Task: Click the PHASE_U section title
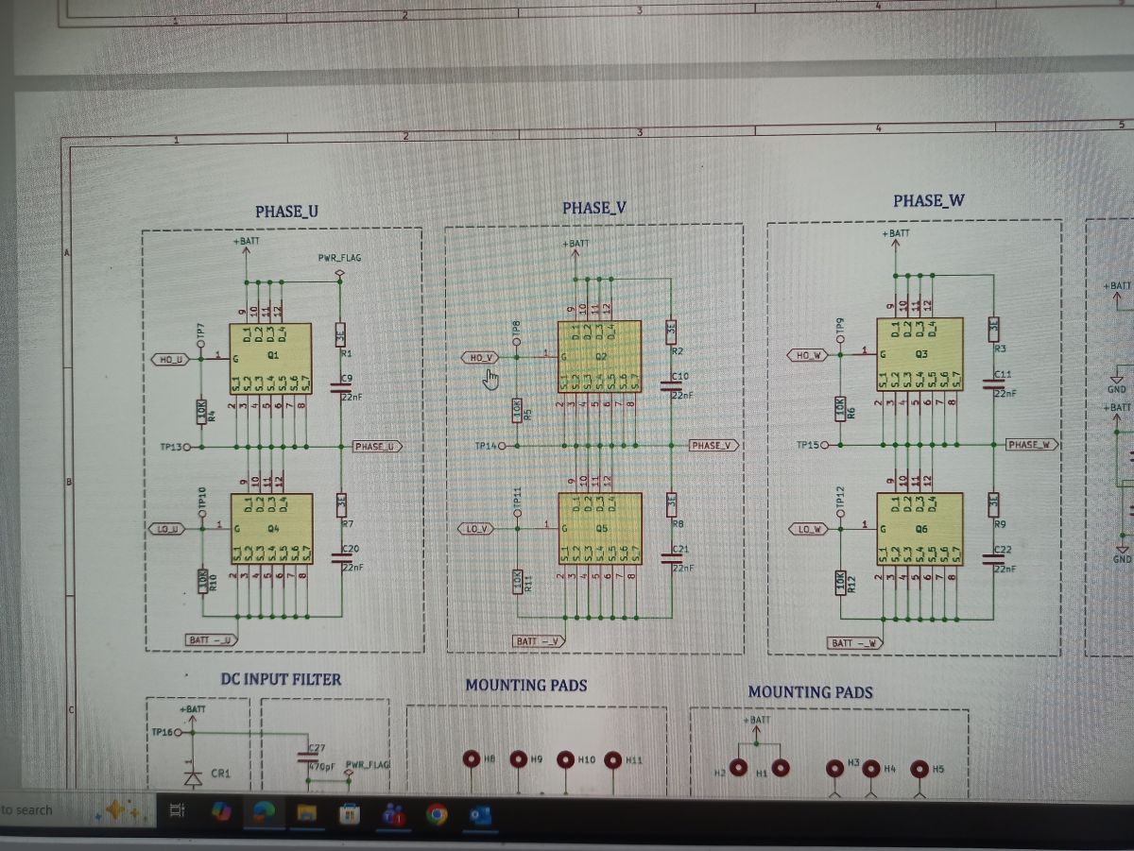pos(286,212)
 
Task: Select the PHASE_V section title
pos(594,208)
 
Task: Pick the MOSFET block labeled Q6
pos(919,528)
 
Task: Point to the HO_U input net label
pos(171,359)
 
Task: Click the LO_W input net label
pos(809,529)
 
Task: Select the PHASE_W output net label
pos(1031,444)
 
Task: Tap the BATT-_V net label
pos(539,641)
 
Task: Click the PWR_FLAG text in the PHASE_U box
pos(339,257)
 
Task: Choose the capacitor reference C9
pos(347,379)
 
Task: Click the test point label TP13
pos(171,447)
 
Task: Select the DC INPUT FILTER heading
pos(281,679)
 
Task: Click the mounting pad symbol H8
pos(472,759)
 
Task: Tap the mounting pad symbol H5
pos(919,769)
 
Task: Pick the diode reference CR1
pos(220,773)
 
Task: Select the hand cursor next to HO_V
pos(490,378)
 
